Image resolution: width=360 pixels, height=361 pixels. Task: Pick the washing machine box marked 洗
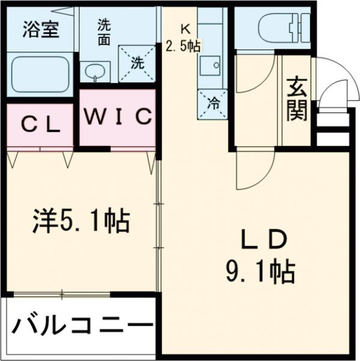136,62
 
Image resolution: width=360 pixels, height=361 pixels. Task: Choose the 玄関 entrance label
296,100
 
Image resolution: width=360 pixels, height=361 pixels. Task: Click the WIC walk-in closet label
118,117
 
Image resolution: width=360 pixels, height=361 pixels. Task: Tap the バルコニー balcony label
82,327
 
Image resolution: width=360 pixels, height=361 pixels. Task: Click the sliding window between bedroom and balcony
60,294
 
